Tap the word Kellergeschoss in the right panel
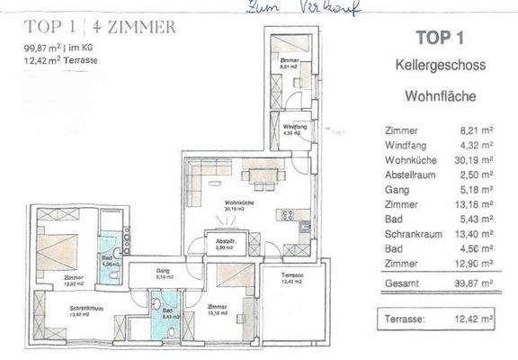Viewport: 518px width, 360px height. click(440, 66)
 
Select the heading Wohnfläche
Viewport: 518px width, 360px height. click(440, 94)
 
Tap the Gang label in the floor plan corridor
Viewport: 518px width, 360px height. click(163, 270)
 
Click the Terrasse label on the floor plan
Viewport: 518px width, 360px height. click(291, 274)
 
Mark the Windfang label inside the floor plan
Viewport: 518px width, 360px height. click(294, 128)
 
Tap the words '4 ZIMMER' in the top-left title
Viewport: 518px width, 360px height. click(137, 26)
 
